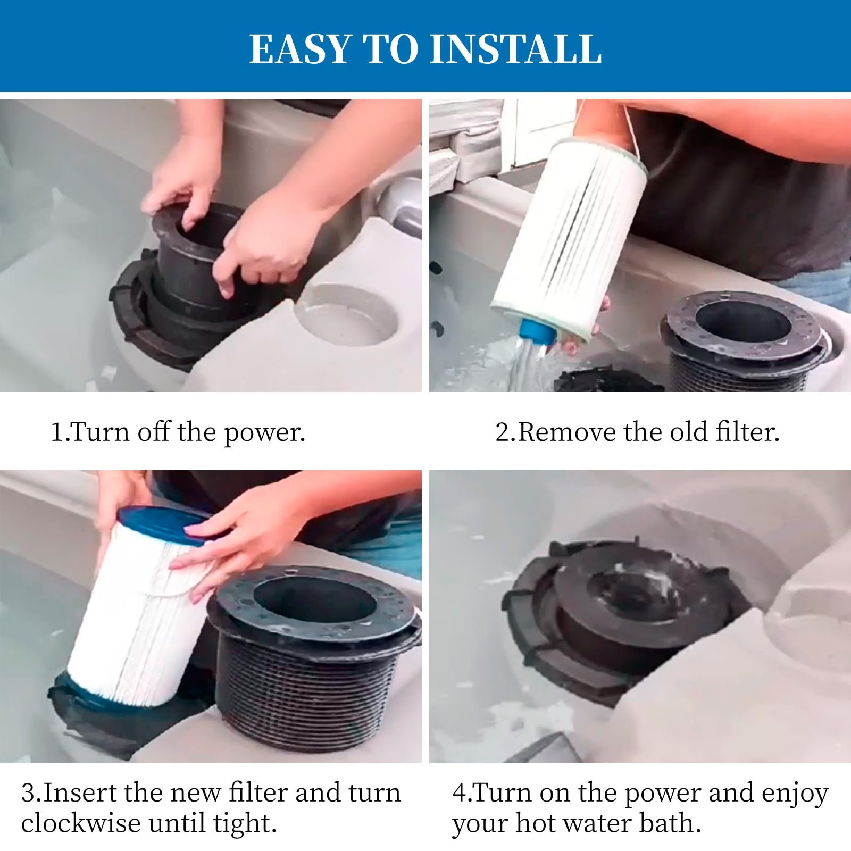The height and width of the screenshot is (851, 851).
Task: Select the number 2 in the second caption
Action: (503, 432)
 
